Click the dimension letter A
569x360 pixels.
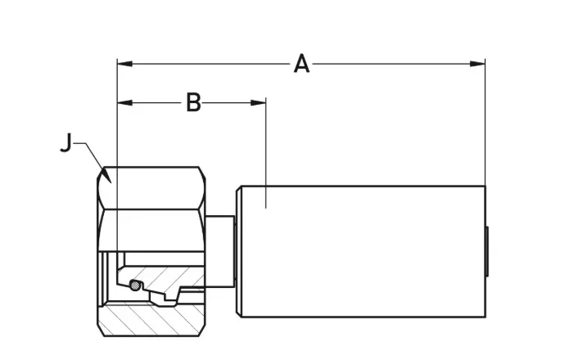(302, 63)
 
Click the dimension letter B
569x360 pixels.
(193, 102)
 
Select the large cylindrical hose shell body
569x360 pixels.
(360, 250)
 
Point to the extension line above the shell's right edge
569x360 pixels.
(485, 123)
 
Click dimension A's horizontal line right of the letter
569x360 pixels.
(393, 62)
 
